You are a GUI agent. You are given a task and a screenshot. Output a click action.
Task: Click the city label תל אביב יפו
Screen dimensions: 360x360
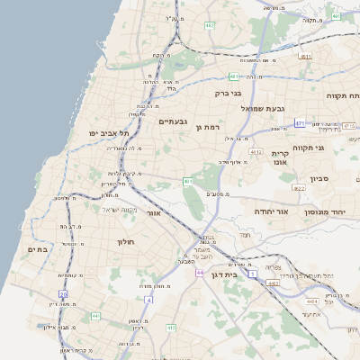(105, 133)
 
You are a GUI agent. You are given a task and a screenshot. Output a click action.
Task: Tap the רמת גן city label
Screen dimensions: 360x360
(206, 128)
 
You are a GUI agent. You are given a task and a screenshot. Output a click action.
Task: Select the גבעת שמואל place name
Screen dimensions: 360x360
(262, 108)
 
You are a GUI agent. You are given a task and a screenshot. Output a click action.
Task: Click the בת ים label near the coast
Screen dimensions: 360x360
(37, 249)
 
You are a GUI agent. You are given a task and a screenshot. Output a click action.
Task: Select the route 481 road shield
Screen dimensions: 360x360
(234, 76)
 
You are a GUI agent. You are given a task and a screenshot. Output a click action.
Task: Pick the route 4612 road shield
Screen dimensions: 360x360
(256, 152)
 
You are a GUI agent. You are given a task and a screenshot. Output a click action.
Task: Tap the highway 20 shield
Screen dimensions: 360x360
(63, 294)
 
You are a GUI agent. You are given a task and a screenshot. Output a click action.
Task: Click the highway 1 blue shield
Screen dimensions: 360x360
(254, 273)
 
